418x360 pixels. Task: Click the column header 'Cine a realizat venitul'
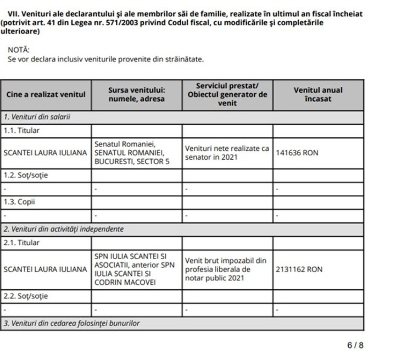click(x=46, y=94)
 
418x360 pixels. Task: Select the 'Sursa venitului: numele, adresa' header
click(x=136, y=94)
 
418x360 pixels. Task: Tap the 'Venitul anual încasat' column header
click(x=317, y=94)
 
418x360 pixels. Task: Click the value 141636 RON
click(x=297, y=153)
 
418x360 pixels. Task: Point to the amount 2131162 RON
click(x=299, y=269)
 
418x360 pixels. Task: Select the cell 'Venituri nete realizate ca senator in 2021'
click(x=227, y=153)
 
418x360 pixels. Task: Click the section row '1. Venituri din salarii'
click(x=38, y=117)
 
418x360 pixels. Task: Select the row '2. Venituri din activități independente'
click(x=63, y=229)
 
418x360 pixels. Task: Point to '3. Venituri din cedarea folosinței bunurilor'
click(x=71, y=323)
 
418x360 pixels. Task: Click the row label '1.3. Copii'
click(x=19, y=202)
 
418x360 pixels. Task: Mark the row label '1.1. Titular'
click(x=21, y=131)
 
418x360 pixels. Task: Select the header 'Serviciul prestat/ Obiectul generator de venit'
click(x=227, y=94)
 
